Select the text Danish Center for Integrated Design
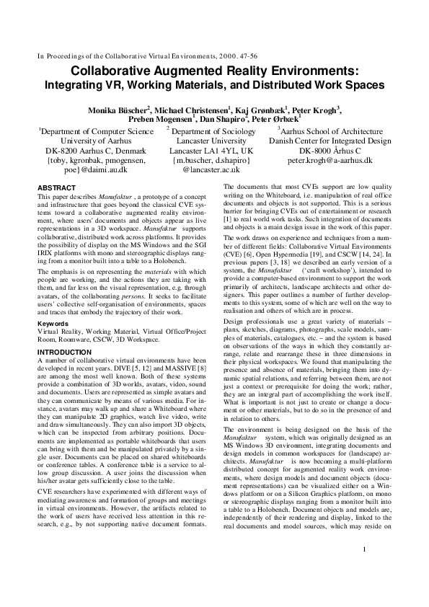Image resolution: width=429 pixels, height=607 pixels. pyautogui.click(x=333, y=142)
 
